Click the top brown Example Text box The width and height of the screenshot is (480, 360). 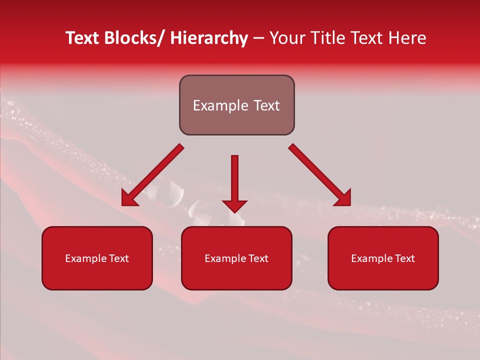(x=236, y=105)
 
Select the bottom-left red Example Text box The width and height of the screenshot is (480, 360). (x=97, y=258)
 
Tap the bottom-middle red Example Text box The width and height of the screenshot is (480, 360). (x=236, y=258)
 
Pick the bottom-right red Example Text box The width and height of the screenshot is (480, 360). (x=383, y=258)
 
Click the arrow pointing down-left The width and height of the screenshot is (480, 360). (x=152, y=175)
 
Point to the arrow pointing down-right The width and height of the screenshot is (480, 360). (x=320, y=175)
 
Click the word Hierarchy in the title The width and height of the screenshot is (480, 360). (x=209, y=38)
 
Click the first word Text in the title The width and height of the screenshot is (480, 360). (x=82, y=38)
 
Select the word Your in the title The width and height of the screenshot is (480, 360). (x=287, y=38)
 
